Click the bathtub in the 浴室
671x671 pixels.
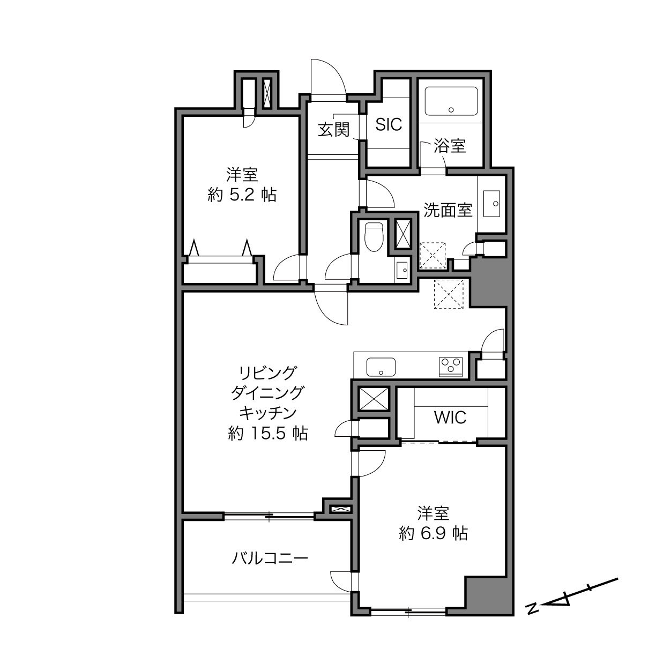click(451, 101)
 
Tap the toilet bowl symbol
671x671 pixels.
click(373, 237)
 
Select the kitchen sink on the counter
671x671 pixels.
click(381, 367)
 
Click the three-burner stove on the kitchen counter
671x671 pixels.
click(451, 367)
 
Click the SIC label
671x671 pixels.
click(389, 124)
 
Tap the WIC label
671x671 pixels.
click(450, 417)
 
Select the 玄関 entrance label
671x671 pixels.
click(333, 130)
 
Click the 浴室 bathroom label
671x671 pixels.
click(450, 146)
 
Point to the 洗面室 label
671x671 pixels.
click(448, 210)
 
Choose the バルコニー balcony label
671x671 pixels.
click(270, 559)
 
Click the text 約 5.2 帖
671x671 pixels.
click(242, 195)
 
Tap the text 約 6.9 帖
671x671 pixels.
click(433, 533)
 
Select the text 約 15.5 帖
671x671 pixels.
click(268, 434)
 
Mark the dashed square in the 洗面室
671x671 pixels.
click(433, 256)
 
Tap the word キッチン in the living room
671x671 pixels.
click(268, 413)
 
